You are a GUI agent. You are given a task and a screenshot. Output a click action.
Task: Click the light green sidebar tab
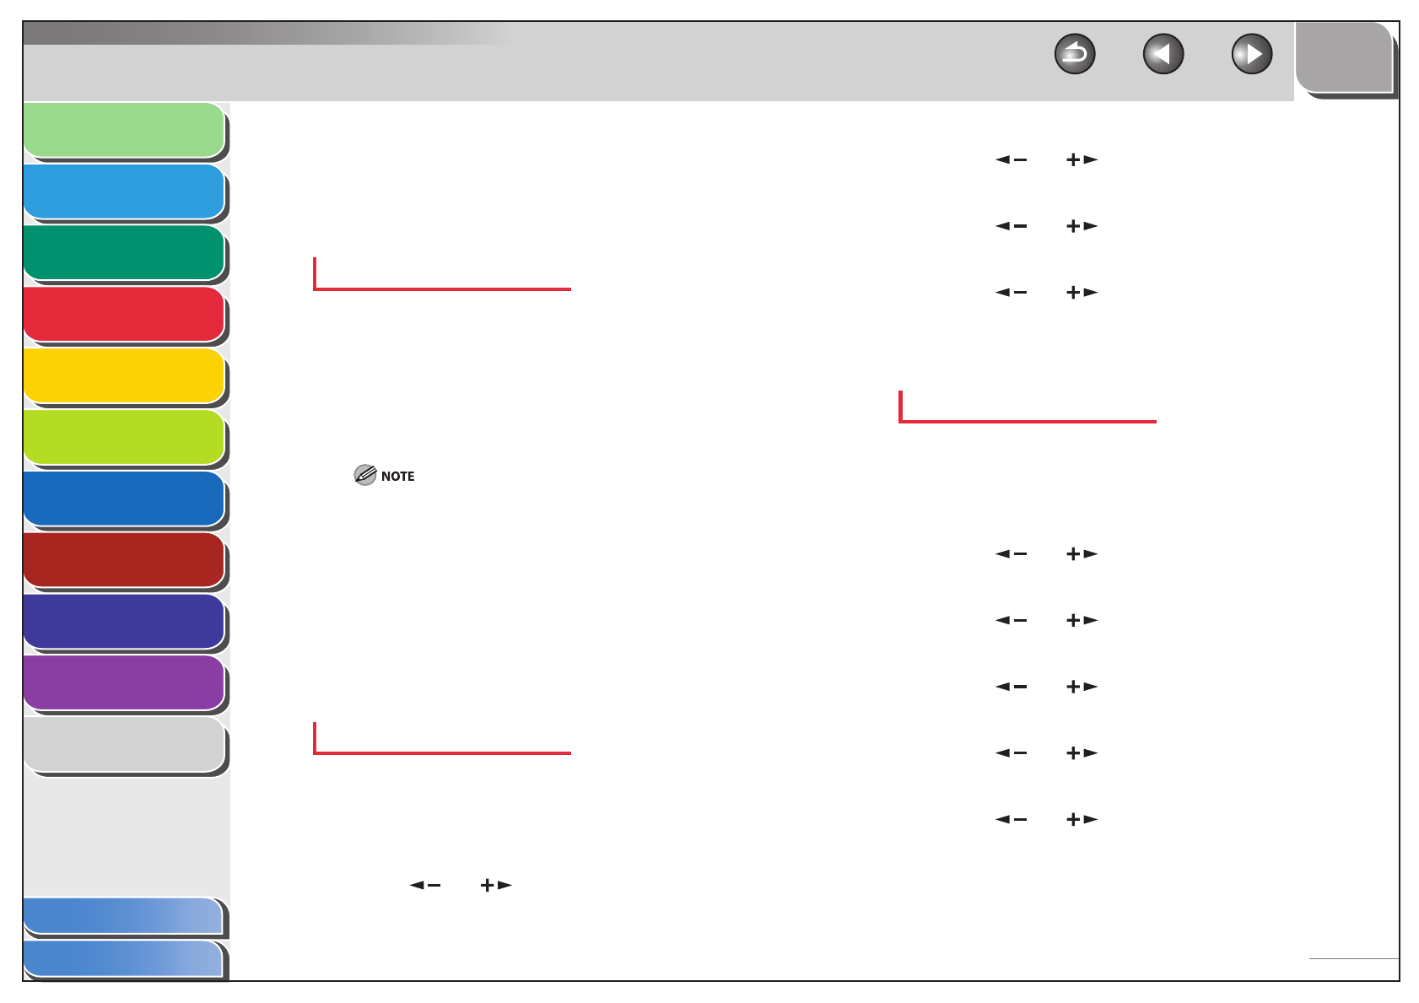coord(124,130)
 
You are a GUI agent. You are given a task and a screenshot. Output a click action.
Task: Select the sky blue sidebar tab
coord(124,191)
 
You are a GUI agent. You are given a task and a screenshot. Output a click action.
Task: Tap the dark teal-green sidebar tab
coord(124,252)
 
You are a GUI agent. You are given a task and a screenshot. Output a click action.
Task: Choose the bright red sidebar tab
coord(124,314)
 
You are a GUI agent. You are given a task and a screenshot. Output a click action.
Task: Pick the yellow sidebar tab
coord(124,375)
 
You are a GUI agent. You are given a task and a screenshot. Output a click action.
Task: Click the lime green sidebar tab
coord(124,437)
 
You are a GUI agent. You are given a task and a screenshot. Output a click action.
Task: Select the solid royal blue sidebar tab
coord(124,499)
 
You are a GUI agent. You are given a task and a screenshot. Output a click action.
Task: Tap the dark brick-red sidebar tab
coord(124,559)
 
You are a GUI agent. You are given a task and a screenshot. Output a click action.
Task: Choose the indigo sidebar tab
coord(124,622)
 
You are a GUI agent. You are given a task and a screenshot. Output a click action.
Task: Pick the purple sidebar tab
coord(124,682)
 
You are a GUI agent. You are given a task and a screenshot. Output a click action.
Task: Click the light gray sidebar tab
coord(124,744)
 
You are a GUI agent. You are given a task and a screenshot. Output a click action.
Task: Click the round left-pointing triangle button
coord(1163,55)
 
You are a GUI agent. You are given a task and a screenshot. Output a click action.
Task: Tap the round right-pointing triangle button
coord(1252,55)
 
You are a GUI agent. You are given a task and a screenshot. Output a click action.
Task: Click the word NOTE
coord(397,477)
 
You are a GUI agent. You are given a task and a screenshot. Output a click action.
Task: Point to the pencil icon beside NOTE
coord(364,475)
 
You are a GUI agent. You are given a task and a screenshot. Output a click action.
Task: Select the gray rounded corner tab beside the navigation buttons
coord(1344,57)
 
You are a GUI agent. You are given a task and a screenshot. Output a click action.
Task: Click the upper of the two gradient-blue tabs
coord(123,916)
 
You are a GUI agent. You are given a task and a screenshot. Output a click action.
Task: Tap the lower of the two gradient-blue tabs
coord(123,959)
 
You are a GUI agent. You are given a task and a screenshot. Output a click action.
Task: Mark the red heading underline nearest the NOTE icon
coord(442,288)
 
